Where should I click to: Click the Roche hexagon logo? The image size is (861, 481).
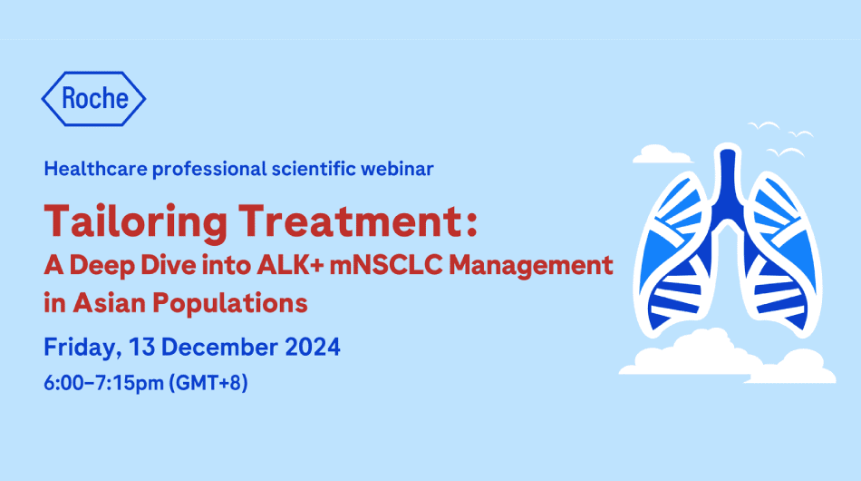coord(93,98)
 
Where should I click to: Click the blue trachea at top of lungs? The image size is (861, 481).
coord(724,177)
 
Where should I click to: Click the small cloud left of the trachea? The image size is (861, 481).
coord(663,155)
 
